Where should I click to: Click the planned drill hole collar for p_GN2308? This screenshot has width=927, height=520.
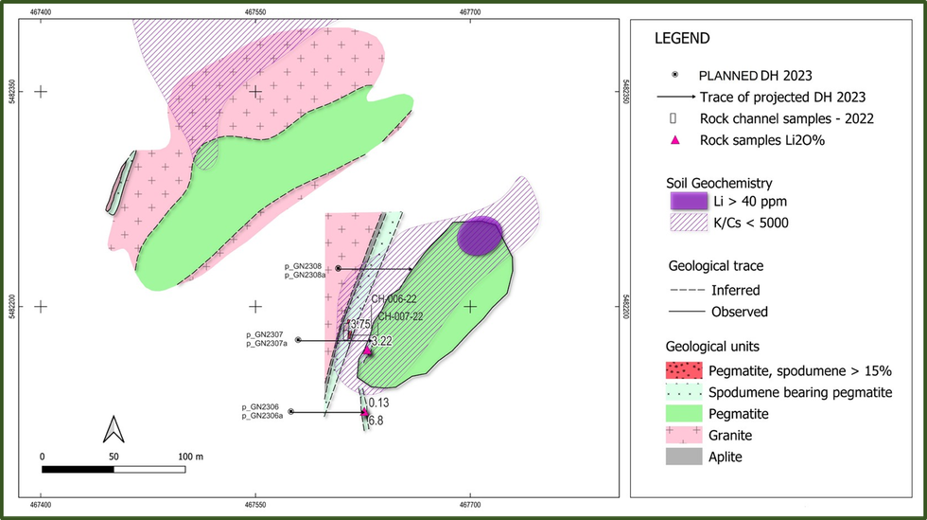[x=338, y=269]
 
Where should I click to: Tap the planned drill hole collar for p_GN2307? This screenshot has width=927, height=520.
[x=298, y=339]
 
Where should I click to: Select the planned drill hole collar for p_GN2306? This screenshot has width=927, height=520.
[x=291, y=411]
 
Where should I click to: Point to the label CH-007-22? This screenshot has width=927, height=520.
[x=401, y=317]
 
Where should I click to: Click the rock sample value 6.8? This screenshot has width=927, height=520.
[x=376, y=421]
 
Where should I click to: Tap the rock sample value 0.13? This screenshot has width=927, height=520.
[x=378, y=403]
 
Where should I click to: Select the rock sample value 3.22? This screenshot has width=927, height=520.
[x=380, y=341]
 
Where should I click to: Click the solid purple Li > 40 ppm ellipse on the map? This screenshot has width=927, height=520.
[x=479, y=236]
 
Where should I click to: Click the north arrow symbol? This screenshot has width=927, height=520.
[x=114, y=430]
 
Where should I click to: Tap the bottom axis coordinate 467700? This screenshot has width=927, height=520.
[x=470, y=509]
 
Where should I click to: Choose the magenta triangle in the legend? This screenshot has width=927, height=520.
[x=674, y=140]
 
